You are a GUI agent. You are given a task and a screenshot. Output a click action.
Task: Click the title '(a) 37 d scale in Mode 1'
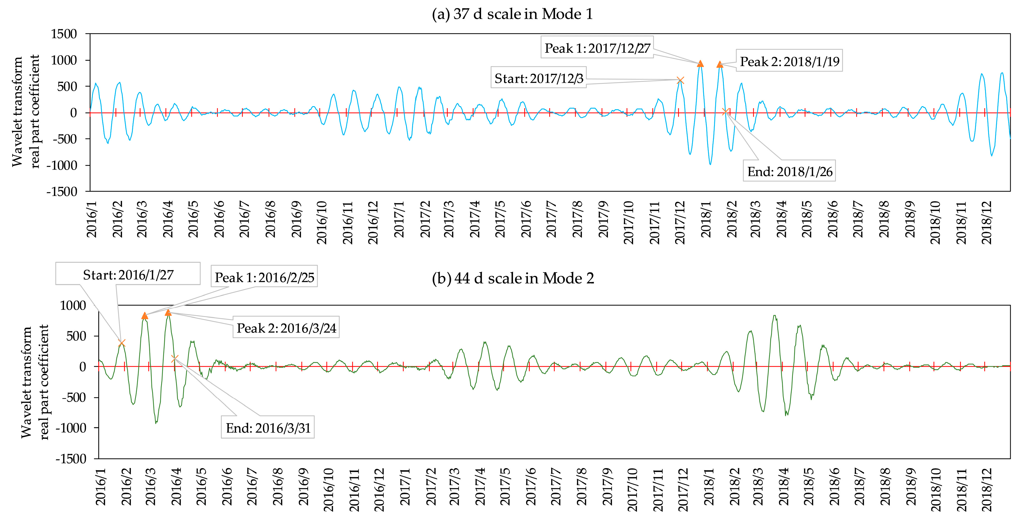[x=512, y=14]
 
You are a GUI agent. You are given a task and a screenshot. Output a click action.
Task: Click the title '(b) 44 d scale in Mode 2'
[x=513, y=278]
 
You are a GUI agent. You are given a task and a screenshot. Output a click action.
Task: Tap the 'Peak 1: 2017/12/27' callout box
[x=597, y=48]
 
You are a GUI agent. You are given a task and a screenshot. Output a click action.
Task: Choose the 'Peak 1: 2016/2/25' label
[x=264, y=277]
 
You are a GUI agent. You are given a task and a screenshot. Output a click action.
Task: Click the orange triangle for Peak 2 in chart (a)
[x=720, y=64]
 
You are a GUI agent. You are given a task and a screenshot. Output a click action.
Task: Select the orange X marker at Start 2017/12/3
[x=680, y=81]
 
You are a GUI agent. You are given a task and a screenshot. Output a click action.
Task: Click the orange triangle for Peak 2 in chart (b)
[x=168, y=312]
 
